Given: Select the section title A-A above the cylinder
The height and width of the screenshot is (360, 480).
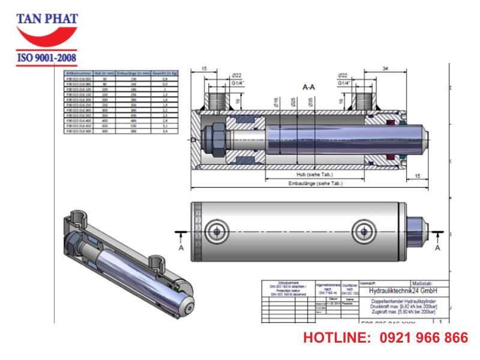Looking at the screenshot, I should [309, 87].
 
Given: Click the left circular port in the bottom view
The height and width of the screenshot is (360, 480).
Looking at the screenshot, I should [215, 230].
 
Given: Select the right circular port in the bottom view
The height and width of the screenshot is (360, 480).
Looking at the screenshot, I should [363, 230].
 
